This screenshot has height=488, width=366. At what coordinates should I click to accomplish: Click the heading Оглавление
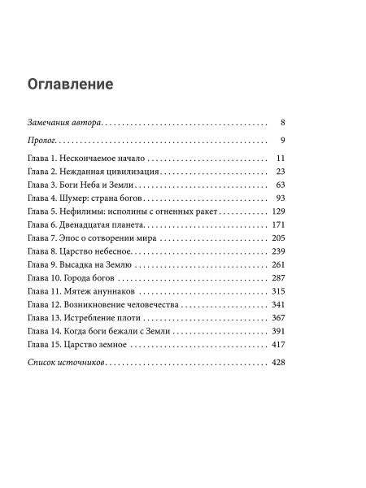coord(70,84)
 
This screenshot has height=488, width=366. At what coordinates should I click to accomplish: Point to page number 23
coord(278,172)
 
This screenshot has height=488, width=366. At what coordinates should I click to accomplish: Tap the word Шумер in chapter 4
coord(72,199)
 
